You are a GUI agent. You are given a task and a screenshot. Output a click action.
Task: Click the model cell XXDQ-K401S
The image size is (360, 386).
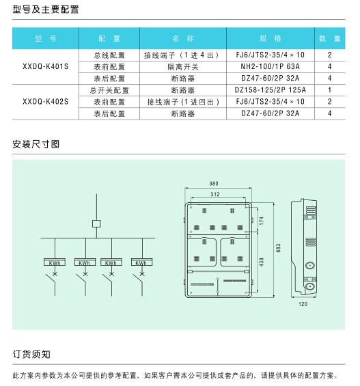46,66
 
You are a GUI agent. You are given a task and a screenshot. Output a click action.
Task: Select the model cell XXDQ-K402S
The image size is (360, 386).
46,102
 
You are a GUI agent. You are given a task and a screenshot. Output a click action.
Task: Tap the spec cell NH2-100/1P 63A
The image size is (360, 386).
271,66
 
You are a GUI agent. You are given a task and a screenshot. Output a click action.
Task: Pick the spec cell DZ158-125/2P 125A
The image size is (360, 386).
271,90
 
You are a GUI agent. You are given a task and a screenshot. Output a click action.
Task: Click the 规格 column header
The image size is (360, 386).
271,38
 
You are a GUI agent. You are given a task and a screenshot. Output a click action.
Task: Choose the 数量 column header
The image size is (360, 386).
330,38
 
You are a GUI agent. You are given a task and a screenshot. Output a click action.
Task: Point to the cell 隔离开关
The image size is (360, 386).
183,67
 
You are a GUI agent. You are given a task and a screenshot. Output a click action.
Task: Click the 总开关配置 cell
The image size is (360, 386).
109,90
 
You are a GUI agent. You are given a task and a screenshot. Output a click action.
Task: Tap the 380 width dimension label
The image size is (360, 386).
214,183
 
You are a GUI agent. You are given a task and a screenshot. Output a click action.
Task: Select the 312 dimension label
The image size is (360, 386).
214,194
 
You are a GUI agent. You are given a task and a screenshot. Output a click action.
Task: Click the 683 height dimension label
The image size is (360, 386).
278,248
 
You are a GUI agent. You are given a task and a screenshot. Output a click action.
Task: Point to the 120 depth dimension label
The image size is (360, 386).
303,304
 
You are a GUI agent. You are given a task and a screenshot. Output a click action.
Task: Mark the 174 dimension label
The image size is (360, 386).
262,221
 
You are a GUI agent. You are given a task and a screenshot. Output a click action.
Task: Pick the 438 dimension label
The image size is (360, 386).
262,262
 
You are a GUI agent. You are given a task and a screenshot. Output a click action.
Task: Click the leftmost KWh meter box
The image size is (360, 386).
55,262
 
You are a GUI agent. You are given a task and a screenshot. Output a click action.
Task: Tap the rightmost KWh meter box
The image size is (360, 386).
141,262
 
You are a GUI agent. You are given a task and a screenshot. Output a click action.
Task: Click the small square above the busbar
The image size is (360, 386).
96,223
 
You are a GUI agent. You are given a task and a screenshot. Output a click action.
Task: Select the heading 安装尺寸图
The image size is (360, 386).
36,144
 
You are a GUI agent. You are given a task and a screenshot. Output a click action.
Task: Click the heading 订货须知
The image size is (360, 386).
31,355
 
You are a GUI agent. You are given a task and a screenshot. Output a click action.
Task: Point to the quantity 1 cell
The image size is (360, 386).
330,90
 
